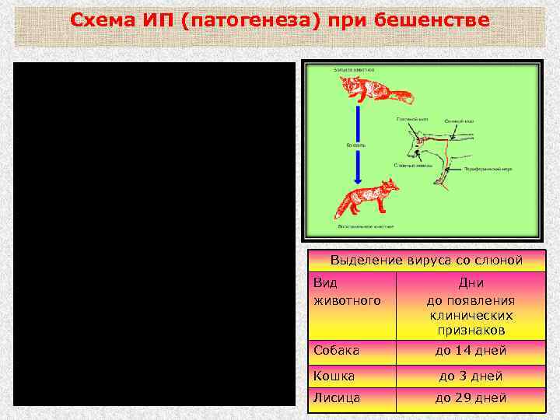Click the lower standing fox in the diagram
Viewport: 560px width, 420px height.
pos(366,198)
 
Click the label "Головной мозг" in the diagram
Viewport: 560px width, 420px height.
pos(411,119)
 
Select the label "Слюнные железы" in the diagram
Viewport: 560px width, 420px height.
pos(408,165)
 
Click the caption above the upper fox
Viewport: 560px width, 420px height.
pos(355,70)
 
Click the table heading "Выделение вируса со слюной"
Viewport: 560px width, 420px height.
pos(426,260)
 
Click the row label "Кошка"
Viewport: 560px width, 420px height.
pos(334,376)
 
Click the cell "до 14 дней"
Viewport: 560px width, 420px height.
pos(471,350)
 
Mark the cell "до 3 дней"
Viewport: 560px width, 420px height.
pos(471,376)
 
